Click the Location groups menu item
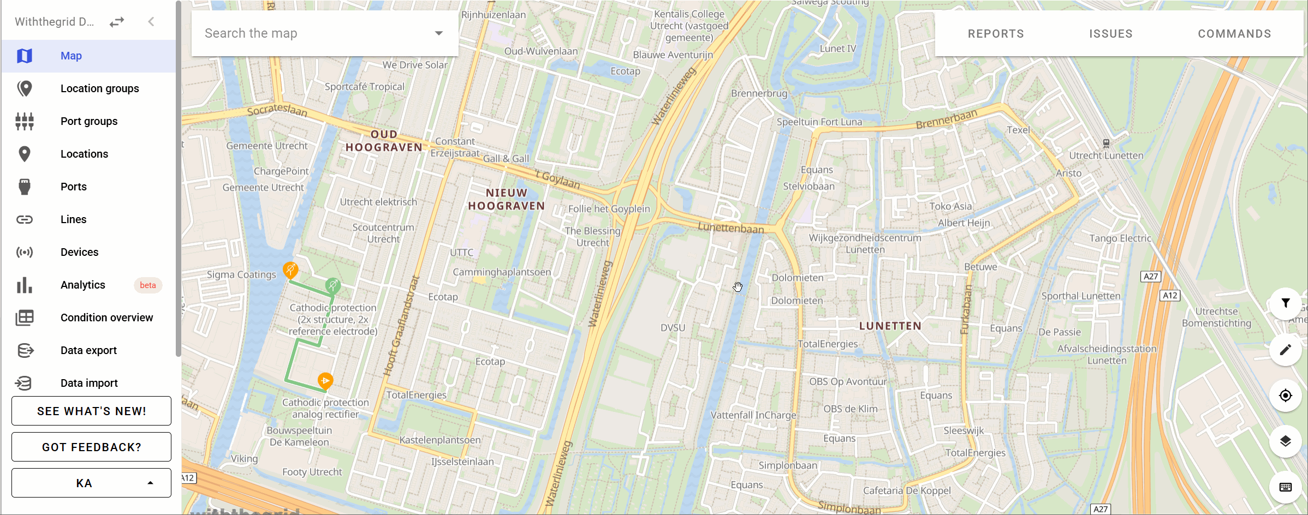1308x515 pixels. point(99,88)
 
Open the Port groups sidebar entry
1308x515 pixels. point(89,121)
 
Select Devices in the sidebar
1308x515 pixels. point(79,252)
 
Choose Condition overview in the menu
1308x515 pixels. point(106,318)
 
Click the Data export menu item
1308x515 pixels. point(88,350)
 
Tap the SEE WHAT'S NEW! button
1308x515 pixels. point(91,411)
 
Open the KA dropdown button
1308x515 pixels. point(91,483)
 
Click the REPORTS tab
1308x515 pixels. point(996,34)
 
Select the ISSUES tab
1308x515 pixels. point(1110,34)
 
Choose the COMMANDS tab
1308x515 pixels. point(1234,34)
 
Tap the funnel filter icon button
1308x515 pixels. point(1286,303)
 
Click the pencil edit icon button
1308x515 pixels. point(1286,349)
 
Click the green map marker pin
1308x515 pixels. point(332,284)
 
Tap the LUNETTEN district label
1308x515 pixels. point(890,326)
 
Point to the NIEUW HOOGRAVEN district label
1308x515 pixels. point(507,199)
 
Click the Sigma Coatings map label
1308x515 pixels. point(241,274)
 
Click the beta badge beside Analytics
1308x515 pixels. point(147,285)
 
